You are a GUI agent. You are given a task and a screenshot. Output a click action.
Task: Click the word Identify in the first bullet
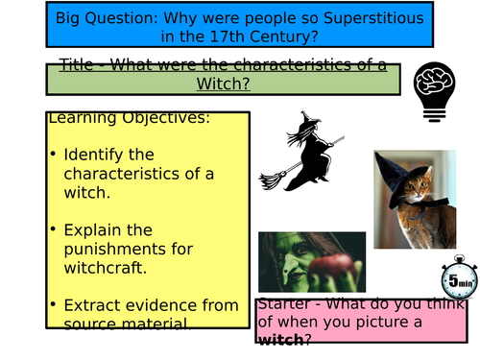coord(96,155)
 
